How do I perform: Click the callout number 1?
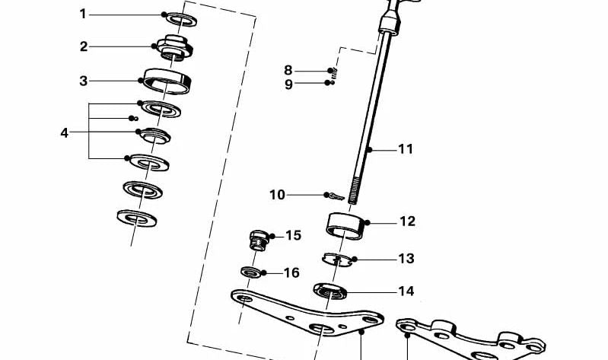tap(83, 14)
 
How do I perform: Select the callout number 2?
tap(83, 46)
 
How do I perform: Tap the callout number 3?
tap(83, 80)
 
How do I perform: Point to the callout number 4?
tap(65, 132)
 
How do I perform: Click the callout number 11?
tap(406, 149)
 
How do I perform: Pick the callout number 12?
tap(407, 221)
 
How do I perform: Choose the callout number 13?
tap(406, 259)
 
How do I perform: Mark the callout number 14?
tap(406, 291)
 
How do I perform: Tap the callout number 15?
tap(293, 236)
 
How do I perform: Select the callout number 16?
tap(291, 272)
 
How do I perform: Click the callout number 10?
tap(277, 195)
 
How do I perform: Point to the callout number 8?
tap(288, 71)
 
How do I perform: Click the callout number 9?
tap(288, 84)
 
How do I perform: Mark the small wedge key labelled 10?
tap(336, 197)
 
